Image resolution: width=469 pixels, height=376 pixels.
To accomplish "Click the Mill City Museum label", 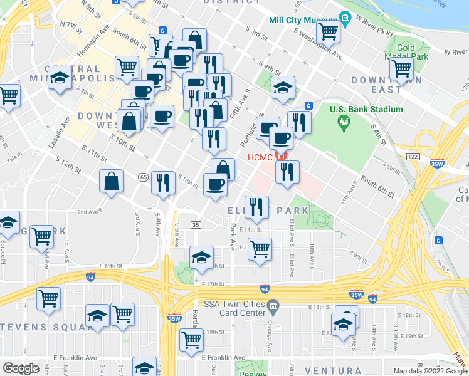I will [x=299, y=20].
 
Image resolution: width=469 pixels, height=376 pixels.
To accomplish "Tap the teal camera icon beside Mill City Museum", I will [x=343, y=16].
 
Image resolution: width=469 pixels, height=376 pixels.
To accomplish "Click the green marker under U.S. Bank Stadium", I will [x=343, y=123].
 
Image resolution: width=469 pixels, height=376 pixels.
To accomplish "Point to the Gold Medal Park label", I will [x=406, y=52].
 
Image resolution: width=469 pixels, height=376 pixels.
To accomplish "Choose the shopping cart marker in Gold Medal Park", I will [x=401, y=69].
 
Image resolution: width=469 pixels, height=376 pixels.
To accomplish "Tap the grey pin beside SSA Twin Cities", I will [x=273, y=306].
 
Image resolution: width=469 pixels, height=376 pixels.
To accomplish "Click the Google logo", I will [x=21, y=368].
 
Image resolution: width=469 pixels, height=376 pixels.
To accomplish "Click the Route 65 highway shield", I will [x=143, y=178].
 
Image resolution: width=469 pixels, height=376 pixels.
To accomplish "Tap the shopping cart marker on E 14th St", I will [x=259, y=249].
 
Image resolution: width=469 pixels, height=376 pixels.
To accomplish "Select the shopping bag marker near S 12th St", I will [x=111, y=182].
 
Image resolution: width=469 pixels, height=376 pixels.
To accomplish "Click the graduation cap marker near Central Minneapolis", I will [x=60, y=79].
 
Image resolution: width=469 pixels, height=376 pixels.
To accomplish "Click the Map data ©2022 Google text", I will [x=430, y=371].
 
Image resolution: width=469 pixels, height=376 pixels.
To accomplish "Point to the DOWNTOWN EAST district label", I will [x=376, y=85].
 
